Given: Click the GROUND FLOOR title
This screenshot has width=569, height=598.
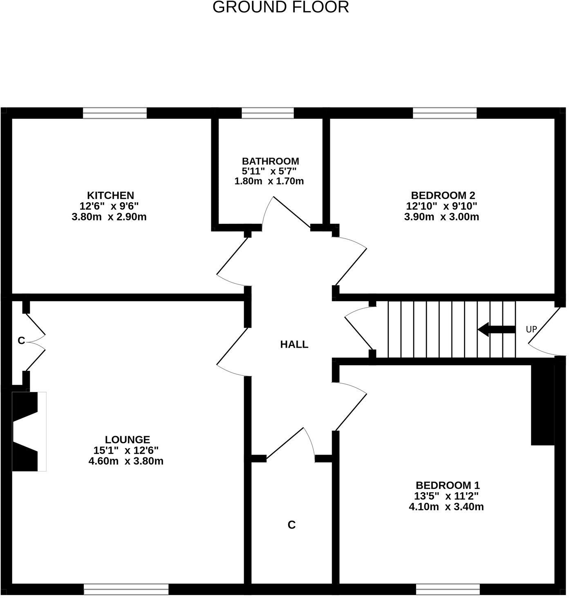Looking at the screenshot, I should click(281, 7).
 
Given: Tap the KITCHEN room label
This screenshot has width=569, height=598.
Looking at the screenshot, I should click(110, 195).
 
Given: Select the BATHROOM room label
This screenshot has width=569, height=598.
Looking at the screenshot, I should click(270, 161).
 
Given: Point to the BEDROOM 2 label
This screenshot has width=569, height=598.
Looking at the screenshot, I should click(443, 195).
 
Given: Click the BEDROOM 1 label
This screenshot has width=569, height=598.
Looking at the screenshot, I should click(448, 485).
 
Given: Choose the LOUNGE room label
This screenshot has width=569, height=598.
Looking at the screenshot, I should click(128, 440).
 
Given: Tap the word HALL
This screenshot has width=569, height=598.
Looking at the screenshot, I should click(294, 344).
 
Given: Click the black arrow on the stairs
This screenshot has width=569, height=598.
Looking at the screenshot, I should click(496, 329).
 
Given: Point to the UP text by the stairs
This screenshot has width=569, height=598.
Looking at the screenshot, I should click(531, 329).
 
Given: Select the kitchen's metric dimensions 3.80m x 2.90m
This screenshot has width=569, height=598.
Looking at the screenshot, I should click(109, 216).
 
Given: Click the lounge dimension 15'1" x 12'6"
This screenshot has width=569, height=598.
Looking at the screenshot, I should click(126, 450).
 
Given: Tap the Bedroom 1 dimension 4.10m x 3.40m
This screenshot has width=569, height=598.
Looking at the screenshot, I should click(446, 507).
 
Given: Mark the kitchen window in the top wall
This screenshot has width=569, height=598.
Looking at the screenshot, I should click(115, 113).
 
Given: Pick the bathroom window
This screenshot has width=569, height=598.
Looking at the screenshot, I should click(267, 113).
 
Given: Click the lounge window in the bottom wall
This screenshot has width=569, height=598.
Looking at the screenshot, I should click(126, 589).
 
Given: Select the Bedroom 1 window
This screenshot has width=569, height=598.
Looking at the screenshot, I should click(448, 589).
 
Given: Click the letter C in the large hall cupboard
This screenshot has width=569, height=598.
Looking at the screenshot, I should click(291, 525).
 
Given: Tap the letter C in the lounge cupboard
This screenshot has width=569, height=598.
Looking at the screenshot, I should click(21, 340).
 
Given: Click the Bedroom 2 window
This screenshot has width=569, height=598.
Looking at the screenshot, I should click(445, 113).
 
